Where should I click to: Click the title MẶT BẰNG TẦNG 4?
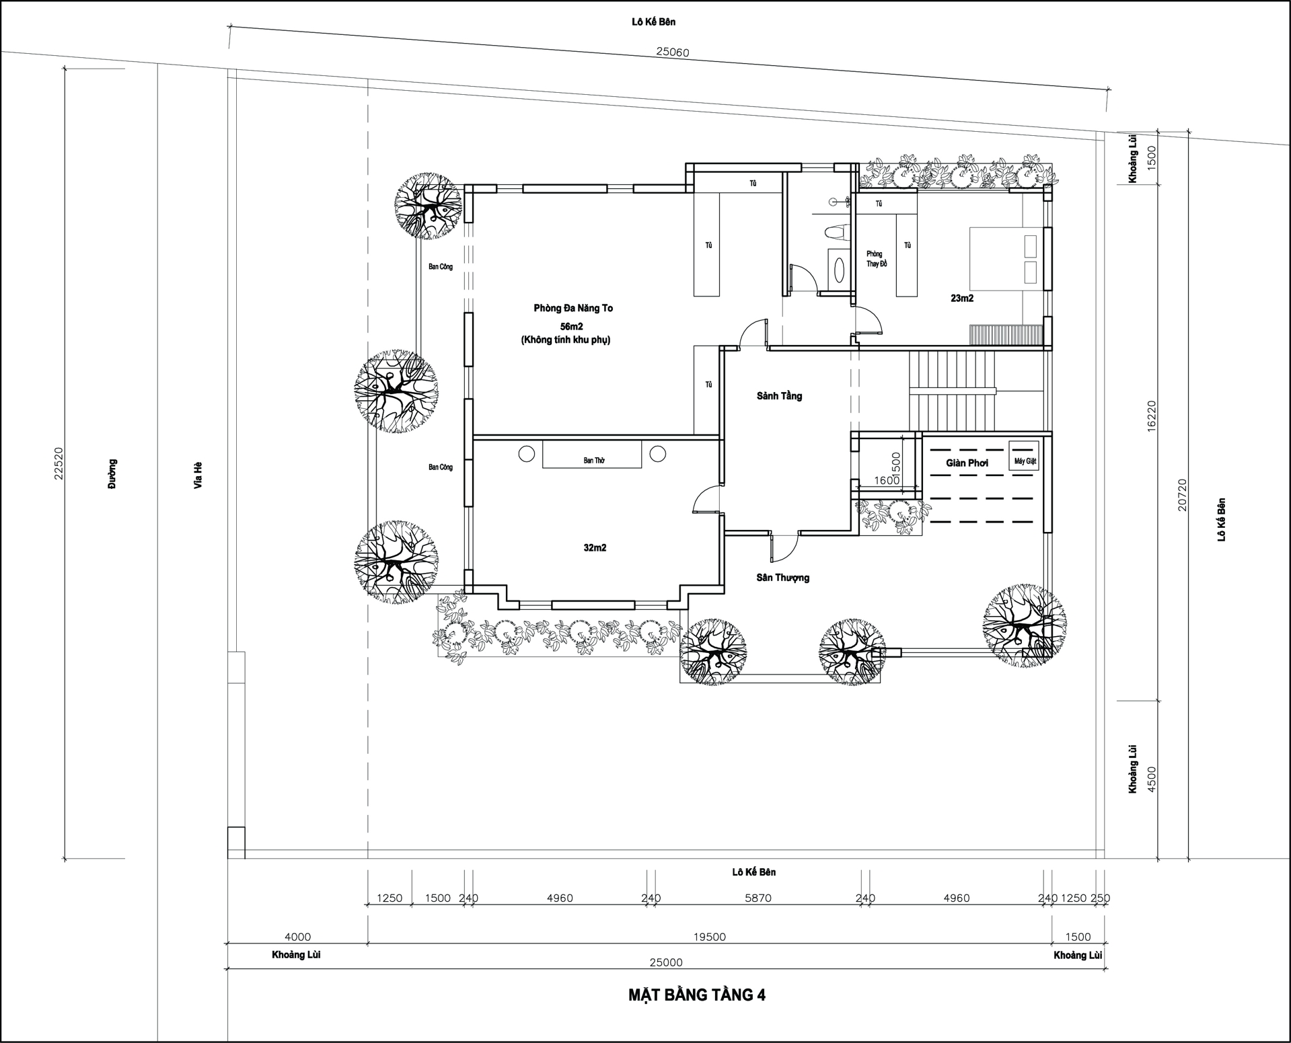click(x=697, y=995)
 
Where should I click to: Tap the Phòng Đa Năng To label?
click(x=573, y=308)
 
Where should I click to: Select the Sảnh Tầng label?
click(x=779, y=396)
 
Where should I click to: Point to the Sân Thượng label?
click(x=782, y=578)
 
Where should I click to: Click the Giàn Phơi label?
click(x=967, y=463)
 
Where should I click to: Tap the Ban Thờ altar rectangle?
click(x=593, y=455)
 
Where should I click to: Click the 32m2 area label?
click(x=595, y=548)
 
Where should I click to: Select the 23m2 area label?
click(x=962, y=298)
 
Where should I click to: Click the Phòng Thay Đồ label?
click(x=876, y=259)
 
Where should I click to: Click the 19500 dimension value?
click(x=710, y=937)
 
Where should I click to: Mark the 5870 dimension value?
click(x=758, y=898)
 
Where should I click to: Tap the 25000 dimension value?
click(x=666, y=962)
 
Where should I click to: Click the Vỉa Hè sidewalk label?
click(x=198, y=475)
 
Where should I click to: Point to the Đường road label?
click(x=112, y=473)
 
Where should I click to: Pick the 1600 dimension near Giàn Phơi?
click(x=887, y=480)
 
